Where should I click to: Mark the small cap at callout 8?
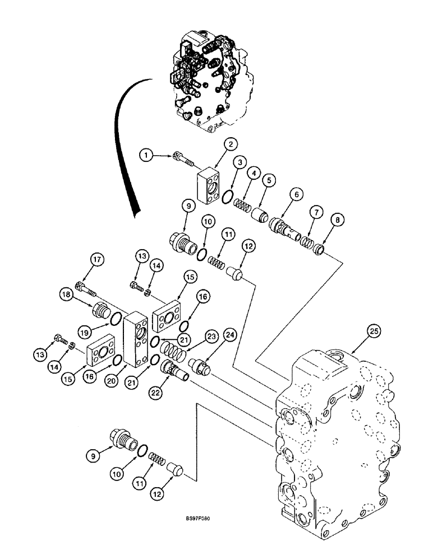(x=320, y=249)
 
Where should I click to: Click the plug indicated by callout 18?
(x=101, y=309)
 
